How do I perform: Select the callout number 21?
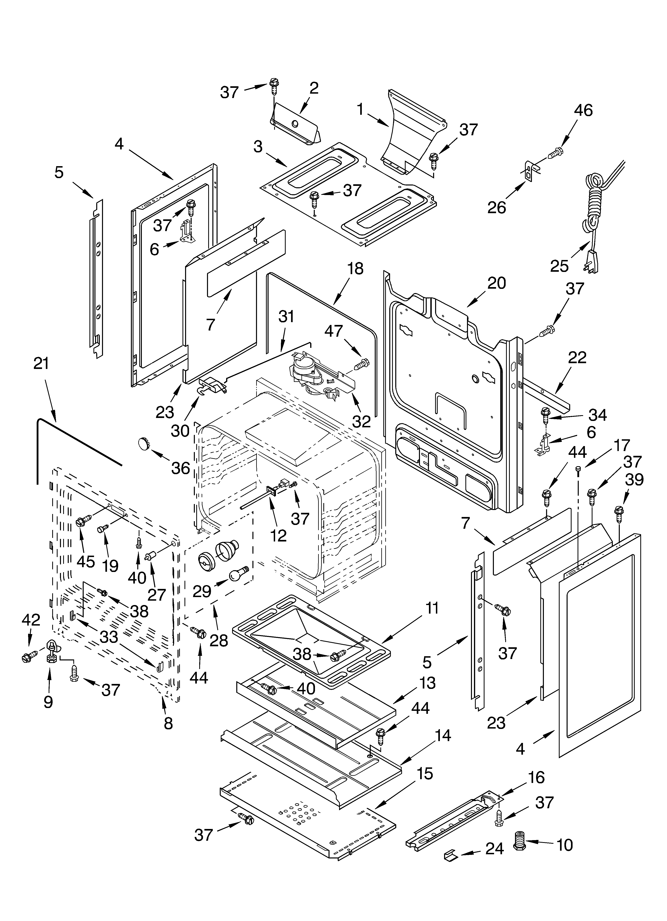(x=41, y=363)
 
